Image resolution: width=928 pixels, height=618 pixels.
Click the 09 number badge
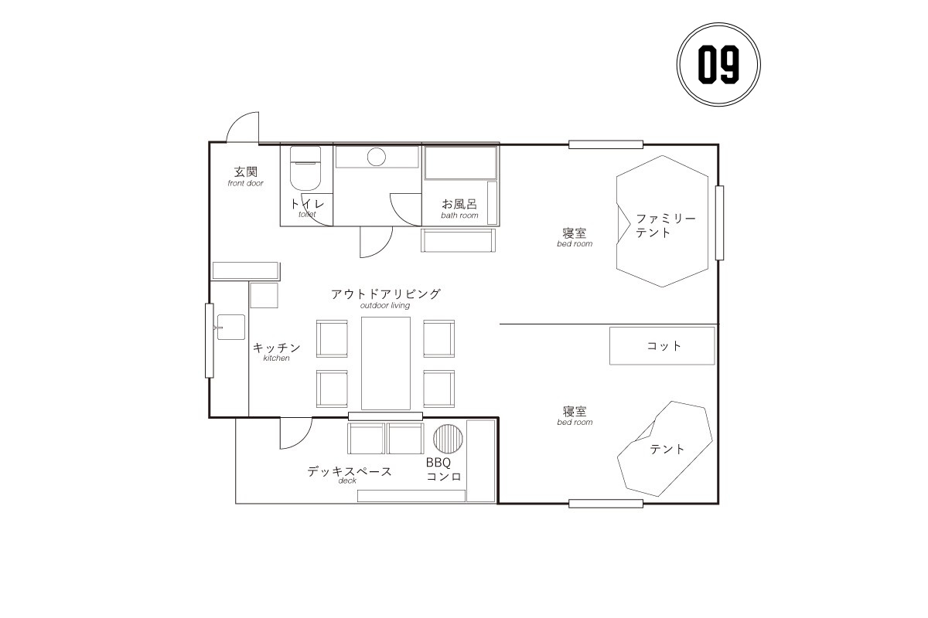pyautogui.click(x=718, y=65)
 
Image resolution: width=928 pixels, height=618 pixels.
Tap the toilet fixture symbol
pyautogui.click(x=305, y=168)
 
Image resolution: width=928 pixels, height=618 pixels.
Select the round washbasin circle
pyautogui.click(x=376, y=157)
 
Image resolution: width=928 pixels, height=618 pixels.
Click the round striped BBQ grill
pyautogui.click(x=448, y=438)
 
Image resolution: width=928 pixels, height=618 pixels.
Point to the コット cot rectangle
pyautogui.click(x=662, y=345)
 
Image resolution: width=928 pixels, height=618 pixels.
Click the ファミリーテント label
pyautogui.click(x=665, y=225)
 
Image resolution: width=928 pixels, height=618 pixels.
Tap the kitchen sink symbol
pyautogui.click(x=230, y=327)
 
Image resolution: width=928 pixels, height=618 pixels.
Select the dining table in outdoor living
pyautogui.click(x=386, y=363)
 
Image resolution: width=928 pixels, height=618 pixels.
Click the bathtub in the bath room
pyautogui.click(x=461, y=162)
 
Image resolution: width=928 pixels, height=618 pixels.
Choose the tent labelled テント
pyautogui.click(x=664, y=448)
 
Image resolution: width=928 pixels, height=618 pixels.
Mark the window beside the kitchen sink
pyautogui.click(x=210, y=340)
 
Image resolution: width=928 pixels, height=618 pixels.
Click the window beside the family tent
pyautogui.click(x=720, y=222)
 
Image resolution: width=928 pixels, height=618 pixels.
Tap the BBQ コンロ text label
pyautogui.click(x=443, y=470)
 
